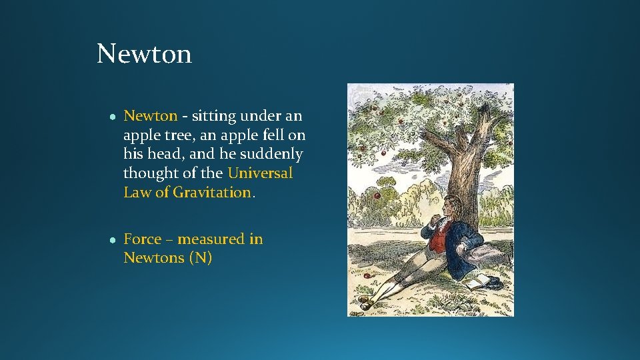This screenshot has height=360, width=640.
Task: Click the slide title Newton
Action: (144, 53)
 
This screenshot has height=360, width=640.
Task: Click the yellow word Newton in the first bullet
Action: (151, 116)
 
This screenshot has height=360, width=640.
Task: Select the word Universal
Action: (260, 173)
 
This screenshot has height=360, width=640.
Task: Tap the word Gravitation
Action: (212, 193)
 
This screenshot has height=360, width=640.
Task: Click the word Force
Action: (143, 239)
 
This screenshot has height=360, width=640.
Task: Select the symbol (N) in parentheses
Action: (201, 258)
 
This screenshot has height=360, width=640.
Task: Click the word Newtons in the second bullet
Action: (154, 258)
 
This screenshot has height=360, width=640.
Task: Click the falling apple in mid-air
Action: (377, 196)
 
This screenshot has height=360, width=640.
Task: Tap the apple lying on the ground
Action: (367, 275)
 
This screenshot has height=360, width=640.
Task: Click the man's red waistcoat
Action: (437, 237)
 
